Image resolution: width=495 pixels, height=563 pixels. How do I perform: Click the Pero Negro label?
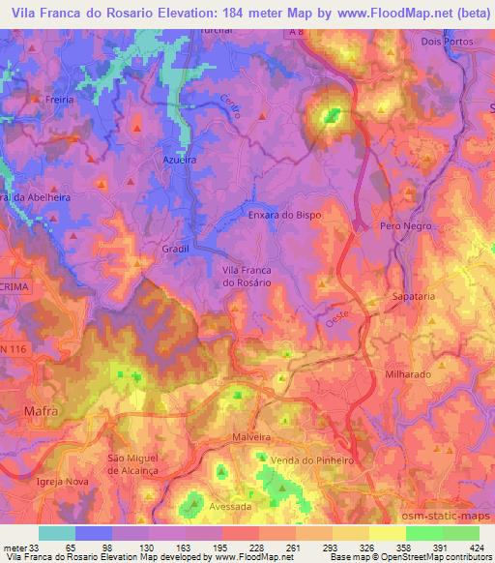point(404,224)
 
